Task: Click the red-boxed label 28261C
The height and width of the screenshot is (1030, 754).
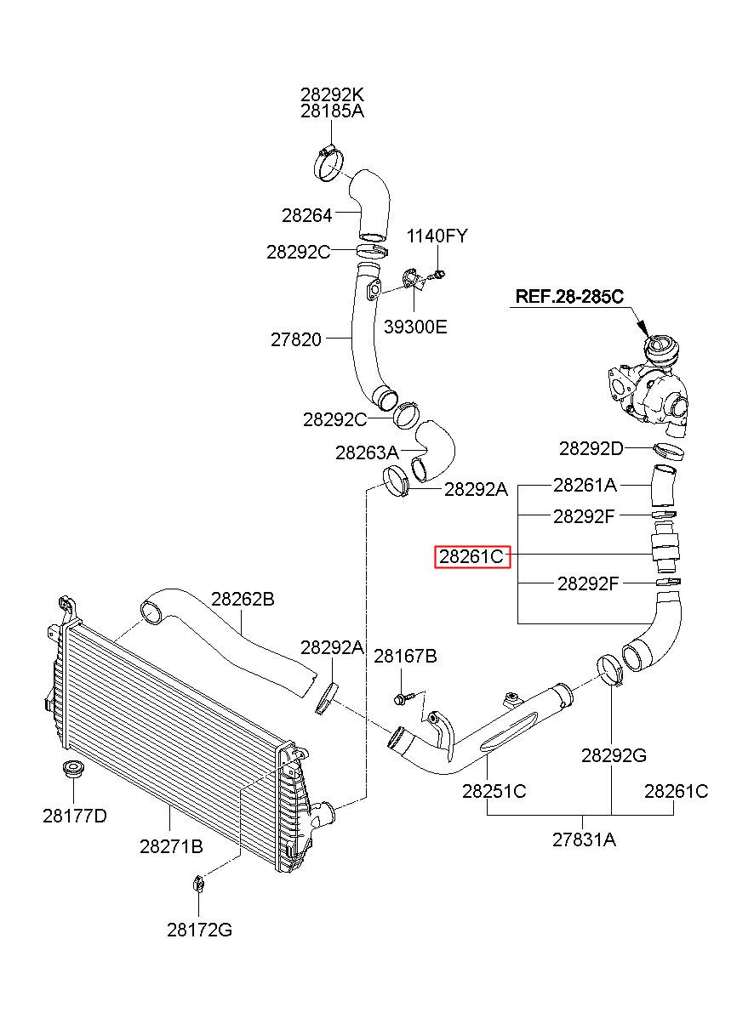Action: point(472,557)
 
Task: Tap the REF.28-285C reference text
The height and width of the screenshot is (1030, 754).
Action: point(569,297)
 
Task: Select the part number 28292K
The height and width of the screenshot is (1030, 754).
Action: point(332,94)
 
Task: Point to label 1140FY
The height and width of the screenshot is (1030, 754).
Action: point(437,236)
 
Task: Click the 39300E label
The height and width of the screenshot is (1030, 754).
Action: point(415,327)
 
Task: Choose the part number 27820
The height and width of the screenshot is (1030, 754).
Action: point(296,339)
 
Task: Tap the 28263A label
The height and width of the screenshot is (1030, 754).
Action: point(367,452)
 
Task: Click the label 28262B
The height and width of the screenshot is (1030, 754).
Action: point(243,599)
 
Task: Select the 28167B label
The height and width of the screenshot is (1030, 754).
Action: point(405,656)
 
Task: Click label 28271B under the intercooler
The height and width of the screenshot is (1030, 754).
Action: point(171,846)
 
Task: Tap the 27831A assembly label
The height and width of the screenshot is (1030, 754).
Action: point(584,839)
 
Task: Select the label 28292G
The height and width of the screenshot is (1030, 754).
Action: point(614,755)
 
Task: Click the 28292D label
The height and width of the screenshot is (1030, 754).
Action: point(591,448)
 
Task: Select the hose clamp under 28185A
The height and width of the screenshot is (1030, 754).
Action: point(330,164)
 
